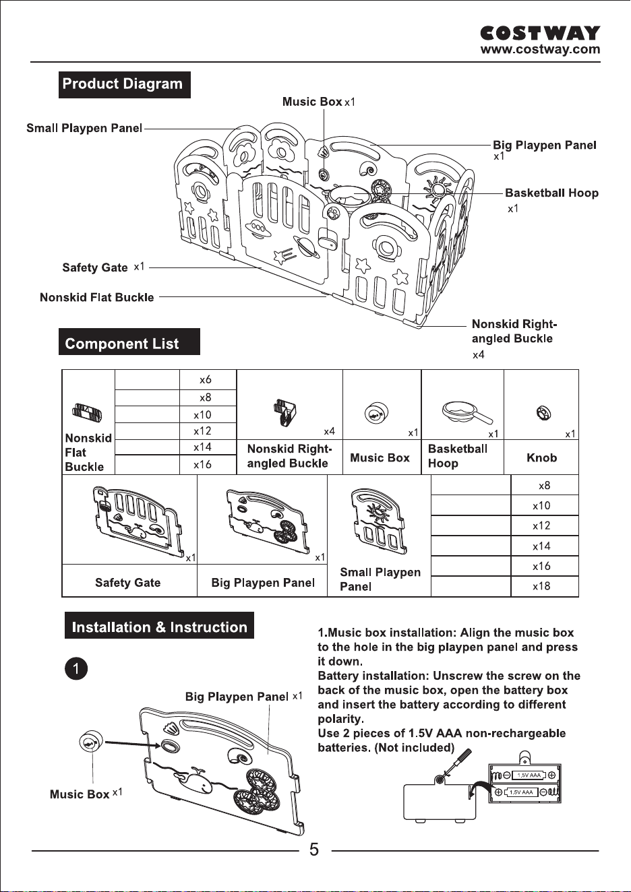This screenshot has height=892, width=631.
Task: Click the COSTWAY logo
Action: pos(540,34)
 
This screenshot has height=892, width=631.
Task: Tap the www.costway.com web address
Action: pos(540,49)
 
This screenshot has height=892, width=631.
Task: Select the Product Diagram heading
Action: pos(124,84)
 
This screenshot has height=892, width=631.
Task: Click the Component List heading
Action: pos(129,342)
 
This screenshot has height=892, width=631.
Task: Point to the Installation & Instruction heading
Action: pos(159,627)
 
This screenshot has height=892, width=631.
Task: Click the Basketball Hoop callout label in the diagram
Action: pos(551,193)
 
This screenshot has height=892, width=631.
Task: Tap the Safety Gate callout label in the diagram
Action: pos(95,267)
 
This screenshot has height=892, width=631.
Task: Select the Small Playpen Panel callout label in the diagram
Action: pos(84,128)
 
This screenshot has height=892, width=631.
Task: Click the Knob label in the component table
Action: pos(541,457)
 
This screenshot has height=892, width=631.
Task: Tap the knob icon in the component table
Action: pos(543,412)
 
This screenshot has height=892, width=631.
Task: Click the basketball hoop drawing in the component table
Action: pos(467,414)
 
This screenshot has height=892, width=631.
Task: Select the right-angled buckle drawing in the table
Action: pos(285,412)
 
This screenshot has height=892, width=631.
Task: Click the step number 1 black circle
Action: pos(76,668)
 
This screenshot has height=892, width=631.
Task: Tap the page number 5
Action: pos(314,850)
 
